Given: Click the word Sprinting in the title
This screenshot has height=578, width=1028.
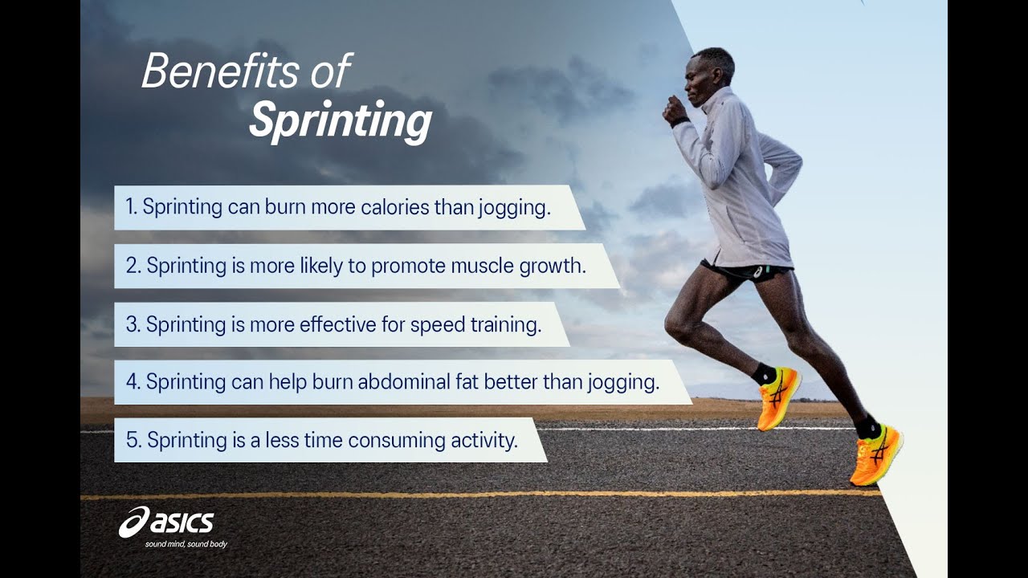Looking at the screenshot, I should point(340,121).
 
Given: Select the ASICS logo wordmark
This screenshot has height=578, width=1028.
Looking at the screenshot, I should point(167,523).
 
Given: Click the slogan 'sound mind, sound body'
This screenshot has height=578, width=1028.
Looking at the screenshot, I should point(186,544).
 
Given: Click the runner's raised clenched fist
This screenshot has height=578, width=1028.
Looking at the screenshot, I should point(675,112).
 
